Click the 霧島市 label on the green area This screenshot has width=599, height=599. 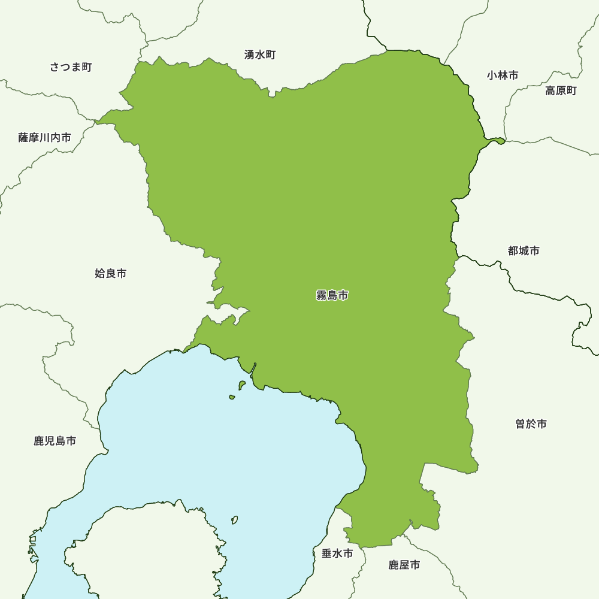[332, 295]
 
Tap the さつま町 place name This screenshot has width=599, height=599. [71, 67]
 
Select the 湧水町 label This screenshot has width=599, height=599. [260, 55]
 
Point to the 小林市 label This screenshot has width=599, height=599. [503, 75]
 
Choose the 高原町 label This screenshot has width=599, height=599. [561, 91]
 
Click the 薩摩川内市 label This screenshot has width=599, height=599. [45, 138]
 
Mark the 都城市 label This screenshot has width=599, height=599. [524, 251]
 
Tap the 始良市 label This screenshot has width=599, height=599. [111, 274]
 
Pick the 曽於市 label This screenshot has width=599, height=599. [531, 424]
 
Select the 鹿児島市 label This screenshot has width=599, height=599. [55, 441]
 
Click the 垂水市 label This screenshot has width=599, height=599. [337, 553]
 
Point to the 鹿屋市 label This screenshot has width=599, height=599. [404, 565]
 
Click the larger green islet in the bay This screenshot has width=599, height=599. [242, 385]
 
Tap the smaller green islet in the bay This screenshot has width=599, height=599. [232, 397]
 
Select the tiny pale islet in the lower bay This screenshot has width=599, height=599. [235, 519]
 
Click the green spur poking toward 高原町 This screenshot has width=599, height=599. [496, 141]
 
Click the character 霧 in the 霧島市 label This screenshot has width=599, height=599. [321, 295]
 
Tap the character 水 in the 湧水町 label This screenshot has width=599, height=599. [260, 55]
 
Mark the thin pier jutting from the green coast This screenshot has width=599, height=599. [254, 370]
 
